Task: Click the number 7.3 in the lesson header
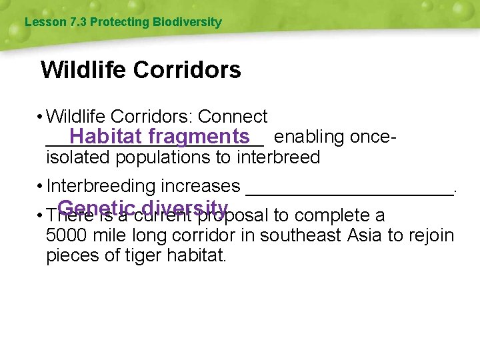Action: (78, 22)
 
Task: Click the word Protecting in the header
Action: (119, 22)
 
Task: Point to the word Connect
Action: (233, 117)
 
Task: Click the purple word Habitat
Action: (105, 137)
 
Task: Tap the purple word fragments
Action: (199, 137)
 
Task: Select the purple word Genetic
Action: (97, 207)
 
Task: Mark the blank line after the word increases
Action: (349, 190)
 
